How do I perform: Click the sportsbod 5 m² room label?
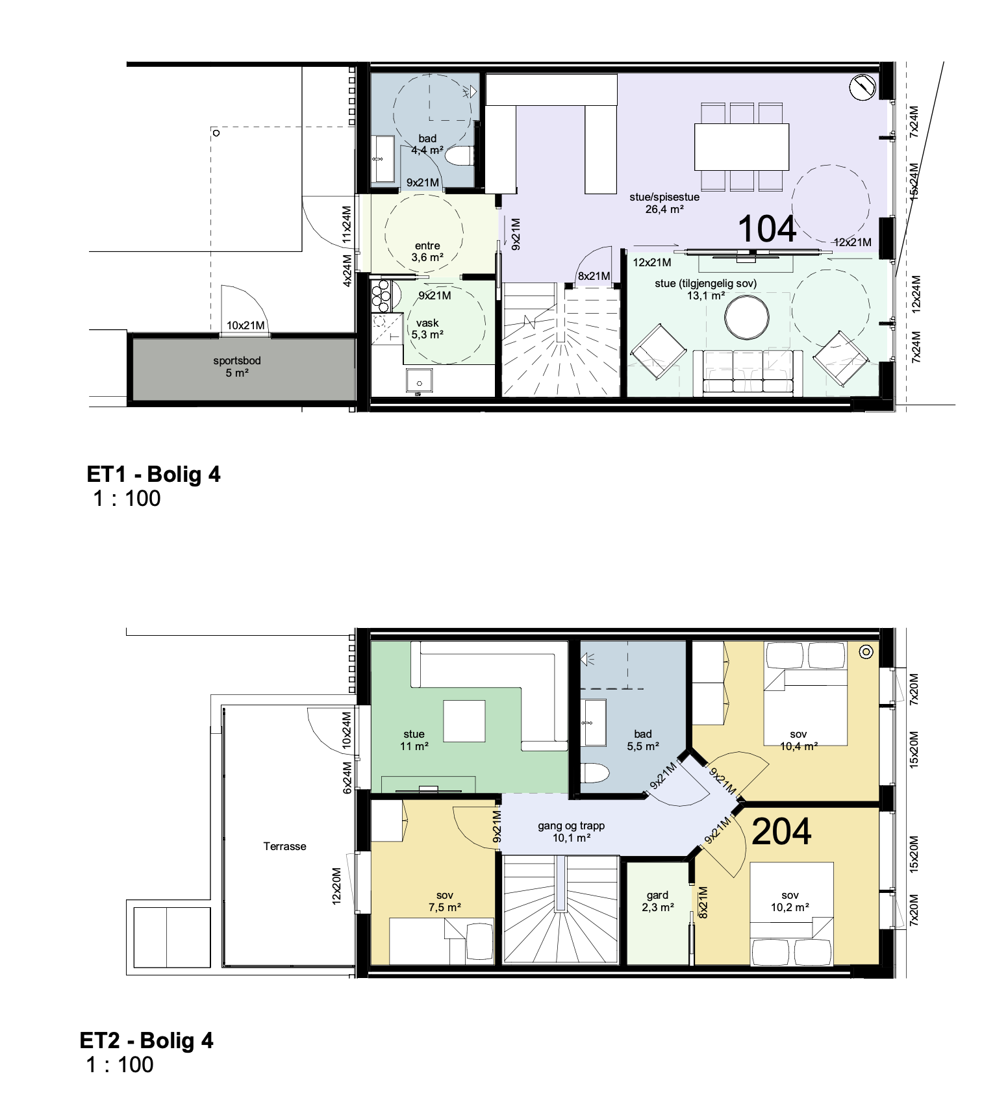click(x=237, y=367)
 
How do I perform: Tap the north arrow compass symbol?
click(x=863, y=88)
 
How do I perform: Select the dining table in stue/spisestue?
click(x=742, y=147)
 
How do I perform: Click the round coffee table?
click(x=747, y=318)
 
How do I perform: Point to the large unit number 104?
click(x=767, y=229)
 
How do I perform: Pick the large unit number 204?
click(x=781, y=831)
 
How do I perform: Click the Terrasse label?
click(x=284, y=846)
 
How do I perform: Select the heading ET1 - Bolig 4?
click(x=154, y=474)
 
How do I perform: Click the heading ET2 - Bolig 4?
click(x=147, y=1040)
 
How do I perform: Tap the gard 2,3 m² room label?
click(x=657, y=901)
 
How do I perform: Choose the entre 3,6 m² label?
click(x=427, y=251)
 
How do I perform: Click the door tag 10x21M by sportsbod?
click(x=246, y=325)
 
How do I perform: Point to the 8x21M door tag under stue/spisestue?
click(x=594, y=276)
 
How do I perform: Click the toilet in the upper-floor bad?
click(x=594, y=773)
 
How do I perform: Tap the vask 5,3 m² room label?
click(x=427, y=329)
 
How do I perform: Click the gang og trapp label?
click(x=571, y=832)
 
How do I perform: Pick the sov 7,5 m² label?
click(x=445, y=901)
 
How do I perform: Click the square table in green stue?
click(x=464, y=721)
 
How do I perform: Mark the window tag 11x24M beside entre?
click(x=347, y=225)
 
